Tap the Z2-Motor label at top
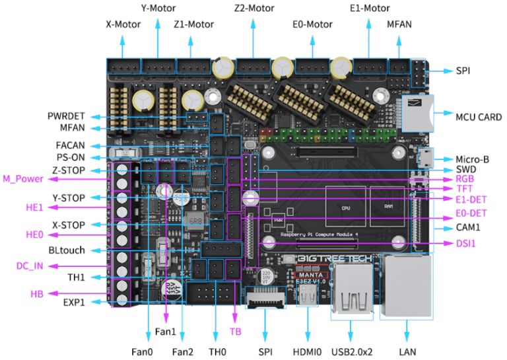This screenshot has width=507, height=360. pos(253,9)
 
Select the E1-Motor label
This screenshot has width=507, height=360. pos(369,9)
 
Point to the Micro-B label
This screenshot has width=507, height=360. pos(472,159)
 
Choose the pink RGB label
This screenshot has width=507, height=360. pos(465,178)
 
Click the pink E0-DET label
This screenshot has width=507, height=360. pos(471,213)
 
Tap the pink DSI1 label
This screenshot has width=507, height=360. pos(466,244)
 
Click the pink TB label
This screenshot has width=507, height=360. pos(236,332)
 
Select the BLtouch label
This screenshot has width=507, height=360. pos(66,251)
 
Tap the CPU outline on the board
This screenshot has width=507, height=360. pos(345,206)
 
